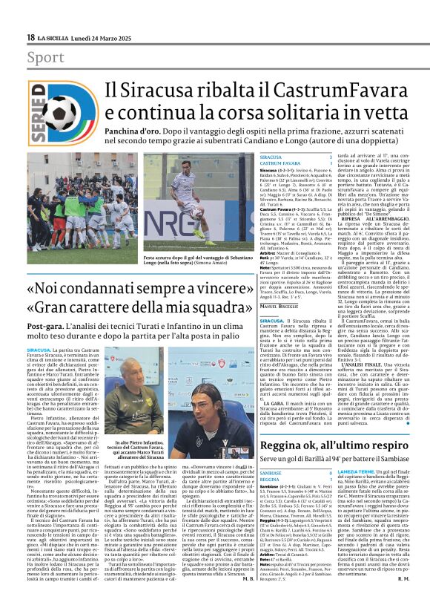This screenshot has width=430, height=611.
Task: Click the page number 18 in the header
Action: coord(30,37)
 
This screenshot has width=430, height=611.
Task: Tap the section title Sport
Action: coord(45,57)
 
